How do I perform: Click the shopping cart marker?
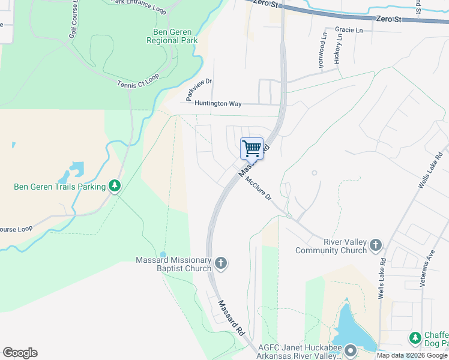coord(252,148)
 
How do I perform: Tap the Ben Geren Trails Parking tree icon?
coord(115,187)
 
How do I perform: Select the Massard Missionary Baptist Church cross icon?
coord(221,263)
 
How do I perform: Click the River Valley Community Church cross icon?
coord(375,245)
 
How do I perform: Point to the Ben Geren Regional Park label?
coord(172,36)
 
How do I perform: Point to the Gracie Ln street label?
coord(349,30)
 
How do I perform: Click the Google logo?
coord(20,353)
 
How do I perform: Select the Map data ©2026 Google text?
coord(412,355)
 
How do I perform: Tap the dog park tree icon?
coord(415,338)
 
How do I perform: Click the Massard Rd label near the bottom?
coord(232,317)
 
